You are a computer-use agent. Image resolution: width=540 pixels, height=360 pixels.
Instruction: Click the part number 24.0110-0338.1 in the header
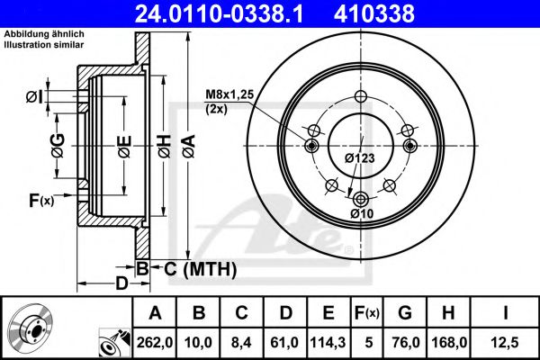[219, 13]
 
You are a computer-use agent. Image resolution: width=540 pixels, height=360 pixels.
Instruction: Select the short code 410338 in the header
[374, 13]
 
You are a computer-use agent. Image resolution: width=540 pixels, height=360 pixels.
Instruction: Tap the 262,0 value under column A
[155, 342]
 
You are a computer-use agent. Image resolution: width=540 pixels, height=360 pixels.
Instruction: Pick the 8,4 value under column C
[241, 342]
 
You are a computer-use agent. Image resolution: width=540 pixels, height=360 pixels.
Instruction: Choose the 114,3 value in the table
[328, 342]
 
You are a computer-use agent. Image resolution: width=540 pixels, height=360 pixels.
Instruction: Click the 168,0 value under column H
[449, 342]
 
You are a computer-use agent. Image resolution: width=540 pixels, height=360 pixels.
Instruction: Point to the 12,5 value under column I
[506, 342]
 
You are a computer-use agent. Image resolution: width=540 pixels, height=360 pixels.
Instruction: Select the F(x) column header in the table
[367, 313]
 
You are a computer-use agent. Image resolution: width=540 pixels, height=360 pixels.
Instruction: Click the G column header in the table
[405, 313]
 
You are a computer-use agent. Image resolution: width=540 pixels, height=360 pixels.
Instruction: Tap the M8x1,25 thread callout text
[229, 94]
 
